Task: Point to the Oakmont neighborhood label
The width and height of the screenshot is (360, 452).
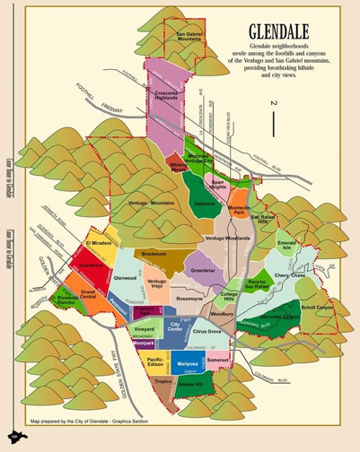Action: click(x=205, y=204)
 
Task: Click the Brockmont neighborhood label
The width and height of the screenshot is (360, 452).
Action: click(x=154, y=255)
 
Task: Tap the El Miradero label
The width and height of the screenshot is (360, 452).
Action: click(x=99, y=244)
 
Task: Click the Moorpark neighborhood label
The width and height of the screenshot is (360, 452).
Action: click(x=144, y=343)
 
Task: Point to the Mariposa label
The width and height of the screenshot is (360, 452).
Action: click(x=188, y=364)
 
